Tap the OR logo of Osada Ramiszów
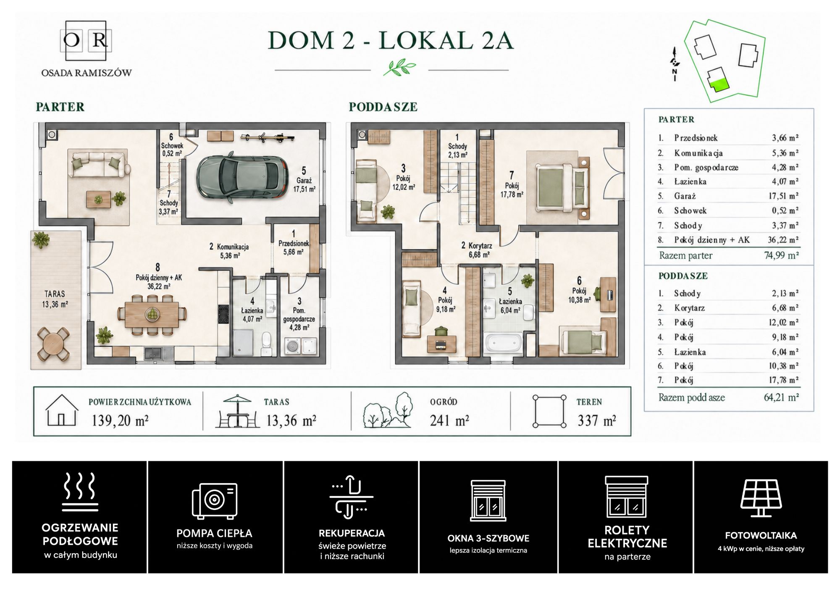[86, 40]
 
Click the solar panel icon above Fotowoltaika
[761, 498]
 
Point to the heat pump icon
[215, 500]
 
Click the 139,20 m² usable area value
[120, 420]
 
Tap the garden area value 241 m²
[449, 420]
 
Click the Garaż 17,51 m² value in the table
[784, 196]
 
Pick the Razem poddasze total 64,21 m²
[781, 397]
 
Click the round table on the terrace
[53, 344]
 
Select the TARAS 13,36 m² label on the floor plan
[55, 299]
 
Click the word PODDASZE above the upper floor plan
[383, 107]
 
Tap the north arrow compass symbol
[675, 63]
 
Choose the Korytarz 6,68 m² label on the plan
[477, 250]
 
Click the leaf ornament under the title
[399, 67]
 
